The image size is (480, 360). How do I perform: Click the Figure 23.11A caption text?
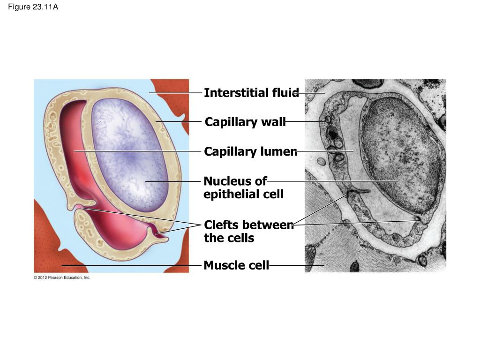[x=33, y=7]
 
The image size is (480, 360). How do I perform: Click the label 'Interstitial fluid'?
[x=251, y=93]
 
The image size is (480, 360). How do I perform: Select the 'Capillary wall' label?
[x=245, y=122]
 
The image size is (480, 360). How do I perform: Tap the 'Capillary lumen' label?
[x=251, y=151]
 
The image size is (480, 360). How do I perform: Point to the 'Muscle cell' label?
[x=236, y=265]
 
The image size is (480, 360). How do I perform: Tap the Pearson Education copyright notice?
[x=62, y=277]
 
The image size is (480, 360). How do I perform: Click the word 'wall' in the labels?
[x=273, y=122]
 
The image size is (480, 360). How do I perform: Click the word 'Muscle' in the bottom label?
[x=225, y=265]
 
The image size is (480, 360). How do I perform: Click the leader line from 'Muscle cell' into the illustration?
[x=132, y=265]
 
